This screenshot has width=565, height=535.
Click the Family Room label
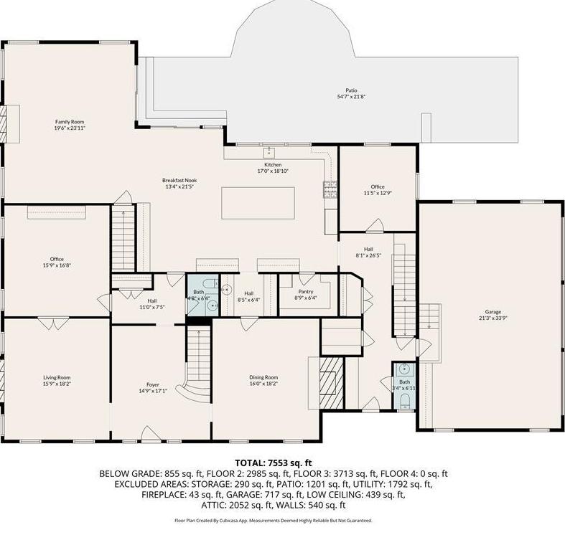point(70,122)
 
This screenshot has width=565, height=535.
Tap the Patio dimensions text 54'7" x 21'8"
point(350,97)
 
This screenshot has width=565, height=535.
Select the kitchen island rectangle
point(258,202)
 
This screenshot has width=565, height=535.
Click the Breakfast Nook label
point(179,179)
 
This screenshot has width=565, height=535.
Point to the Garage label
point(492,312)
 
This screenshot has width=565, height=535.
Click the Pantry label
point(305,292)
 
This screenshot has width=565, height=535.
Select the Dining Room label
point(263,377)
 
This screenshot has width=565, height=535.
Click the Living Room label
point(56,377)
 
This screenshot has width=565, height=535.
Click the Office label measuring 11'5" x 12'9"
point(377,186)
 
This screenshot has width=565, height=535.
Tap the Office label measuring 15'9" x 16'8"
point(56,259)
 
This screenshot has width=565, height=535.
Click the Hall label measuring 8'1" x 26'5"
point(368,249)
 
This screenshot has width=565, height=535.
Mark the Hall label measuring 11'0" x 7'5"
point(152,301)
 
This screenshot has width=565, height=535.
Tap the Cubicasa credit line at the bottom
point(273,520)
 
